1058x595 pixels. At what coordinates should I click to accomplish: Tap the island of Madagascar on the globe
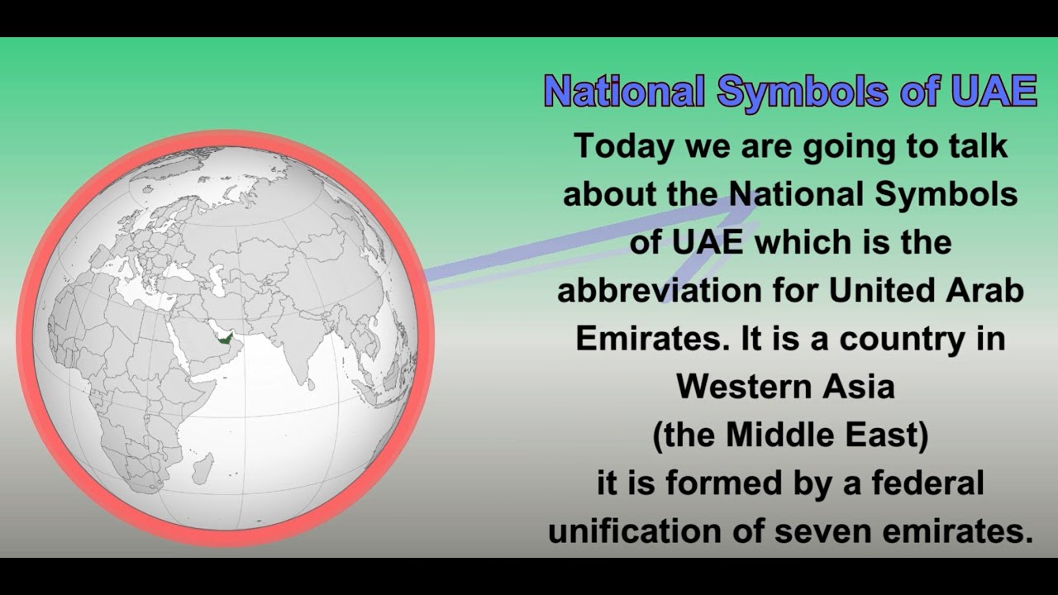point(202,467)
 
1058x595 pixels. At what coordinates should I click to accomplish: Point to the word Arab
point(985,291)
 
